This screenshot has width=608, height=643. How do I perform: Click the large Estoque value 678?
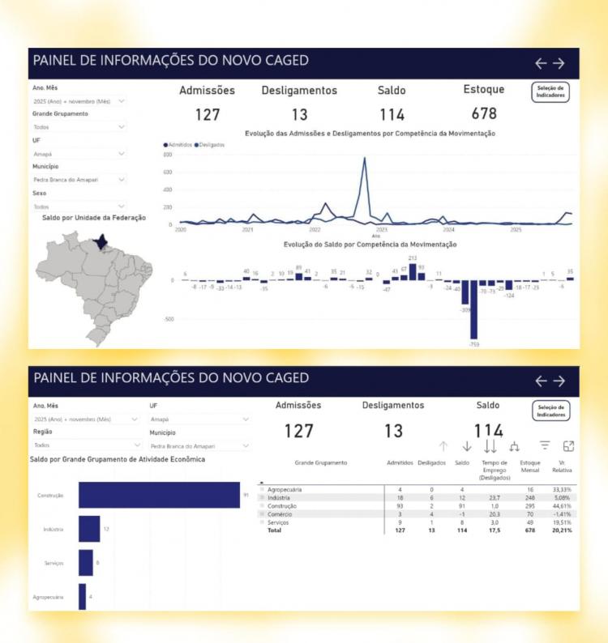coord(484,114)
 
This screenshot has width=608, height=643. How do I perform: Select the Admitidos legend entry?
coord(180,145)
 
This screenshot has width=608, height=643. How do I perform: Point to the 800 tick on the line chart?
coord(168,155)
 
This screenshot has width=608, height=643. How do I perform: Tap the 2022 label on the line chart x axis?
coord(315,230)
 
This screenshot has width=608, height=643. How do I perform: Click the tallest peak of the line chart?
coord(365,159)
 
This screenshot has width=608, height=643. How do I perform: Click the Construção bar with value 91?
coord(159,495)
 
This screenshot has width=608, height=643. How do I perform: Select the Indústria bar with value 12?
coord(89,529)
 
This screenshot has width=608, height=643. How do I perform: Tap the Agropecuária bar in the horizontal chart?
coord(82,597)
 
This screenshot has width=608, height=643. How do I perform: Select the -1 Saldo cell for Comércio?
coord(461,513)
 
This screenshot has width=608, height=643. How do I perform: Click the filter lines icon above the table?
coord(545,445)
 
